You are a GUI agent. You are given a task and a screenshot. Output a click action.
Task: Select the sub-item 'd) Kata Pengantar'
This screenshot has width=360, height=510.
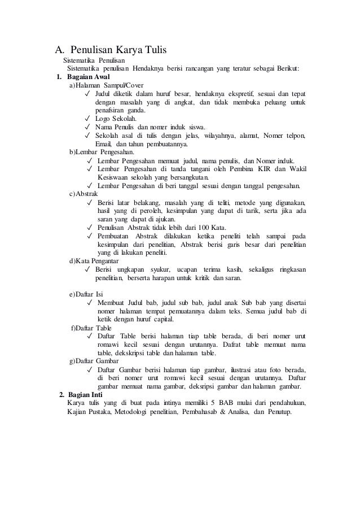pos(93,261)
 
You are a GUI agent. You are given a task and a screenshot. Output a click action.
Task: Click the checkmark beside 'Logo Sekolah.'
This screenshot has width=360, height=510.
pos(86,119)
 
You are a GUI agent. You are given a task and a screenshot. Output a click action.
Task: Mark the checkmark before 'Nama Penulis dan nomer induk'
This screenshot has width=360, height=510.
pos(86,127)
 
